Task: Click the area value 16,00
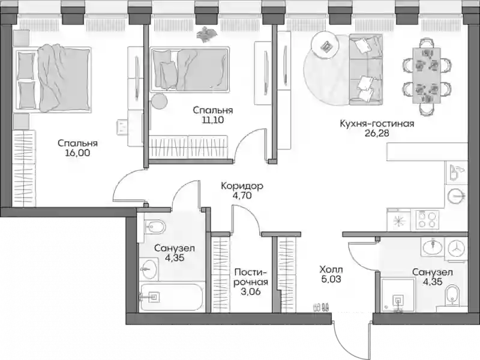click(x=77, y=153)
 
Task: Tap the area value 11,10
click(x=212, y=120)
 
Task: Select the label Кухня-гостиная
click(x=377, y=124)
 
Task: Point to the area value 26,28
click(x=377, y=133)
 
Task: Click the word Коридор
click(x=242, y=186)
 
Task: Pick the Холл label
click(x=331, y=269)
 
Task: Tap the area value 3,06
click(x=250, y=292)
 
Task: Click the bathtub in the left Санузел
click(x=170, y=297)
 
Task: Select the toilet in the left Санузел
click(x=155, y=227)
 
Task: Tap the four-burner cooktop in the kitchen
click(x=427, y=220)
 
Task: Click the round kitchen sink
click(x=456, y=196)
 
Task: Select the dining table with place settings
click(x=427, y=76)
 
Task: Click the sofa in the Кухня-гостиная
click(x=366, y=70)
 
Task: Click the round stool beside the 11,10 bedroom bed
click(x=160, y=101)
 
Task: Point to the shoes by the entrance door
click(x=321, y=307)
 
